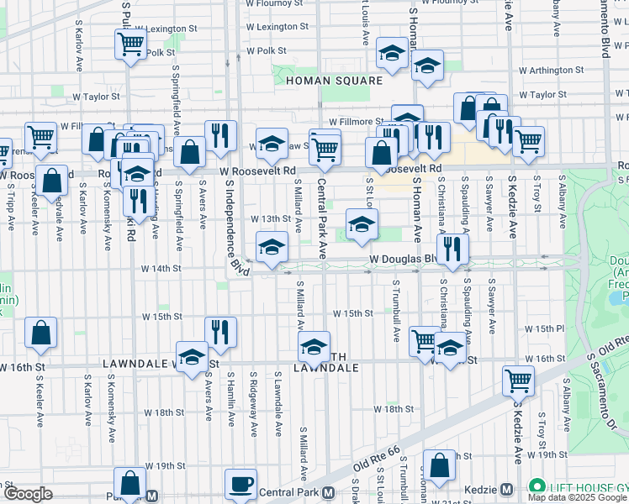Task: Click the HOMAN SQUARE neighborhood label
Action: [x=334, y=81]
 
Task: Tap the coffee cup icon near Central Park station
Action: [x=241, y=485]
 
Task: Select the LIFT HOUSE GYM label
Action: [x=584, y=486]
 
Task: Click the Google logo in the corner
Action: [x=27, y=494]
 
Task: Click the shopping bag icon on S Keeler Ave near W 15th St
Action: [x=41, y=333]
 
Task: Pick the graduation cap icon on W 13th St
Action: [x=362, y=224]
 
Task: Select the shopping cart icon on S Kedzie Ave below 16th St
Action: [x=518, y=381]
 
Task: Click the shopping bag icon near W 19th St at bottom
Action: [x=438, y=465]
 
